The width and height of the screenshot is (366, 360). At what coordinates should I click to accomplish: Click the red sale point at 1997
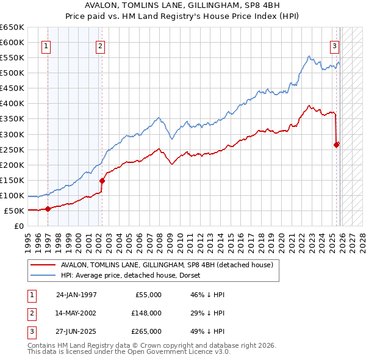click(48, 209)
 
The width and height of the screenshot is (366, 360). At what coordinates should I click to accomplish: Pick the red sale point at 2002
click(102, 181)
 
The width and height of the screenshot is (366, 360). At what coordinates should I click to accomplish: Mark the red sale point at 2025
click(336, 145)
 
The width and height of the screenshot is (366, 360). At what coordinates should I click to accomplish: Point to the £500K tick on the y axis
click(12, 73)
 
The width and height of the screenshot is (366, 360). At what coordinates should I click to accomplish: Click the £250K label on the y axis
click(12, 149)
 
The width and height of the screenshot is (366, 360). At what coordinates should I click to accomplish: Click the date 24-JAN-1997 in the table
click(76, 295)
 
